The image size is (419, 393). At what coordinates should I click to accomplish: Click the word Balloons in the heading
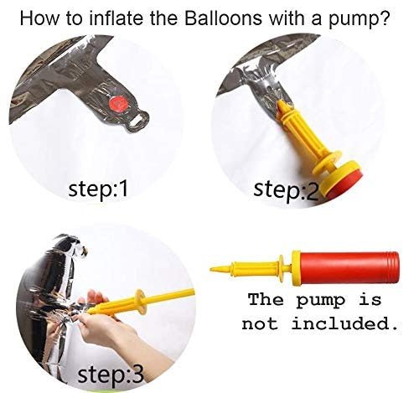click(x=223, y=18)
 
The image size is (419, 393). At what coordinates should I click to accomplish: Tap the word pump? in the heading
click(x=359, y=19)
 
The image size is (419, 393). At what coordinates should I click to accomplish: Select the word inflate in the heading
click(x=118, y=18)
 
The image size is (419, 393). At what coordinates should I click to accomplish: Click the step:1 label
click(x=98, y=189)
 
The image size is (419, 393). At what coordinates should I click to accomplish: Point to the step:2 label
click(x=286, y=191)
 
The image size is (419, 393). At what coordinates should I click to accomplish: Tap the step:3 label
click(x=111, y=375)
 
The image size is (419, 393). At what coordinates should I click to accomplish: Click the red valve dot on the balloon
click(x=119, y=105)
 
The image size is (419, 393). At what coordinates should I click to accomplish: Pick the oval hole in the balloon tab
click(x=137, y=121)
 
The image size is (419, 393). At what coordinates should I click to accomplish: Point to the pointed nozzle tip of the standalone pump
click(x=211, y=269)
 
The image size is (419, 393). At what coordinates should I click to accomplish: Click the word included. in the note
click(x=344, y=323)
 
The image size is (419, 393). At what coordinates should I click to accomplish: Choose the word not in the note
click(x=260, y=324)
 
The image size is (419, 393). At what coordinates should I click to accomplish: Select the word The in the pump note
click(x=266, y=299)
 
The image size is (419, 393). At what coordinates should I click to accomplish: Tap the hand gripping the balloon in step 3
click(x=111, y=329)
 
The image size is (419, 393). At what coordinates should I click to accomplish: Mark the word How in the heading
click(x=39, y=18)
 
